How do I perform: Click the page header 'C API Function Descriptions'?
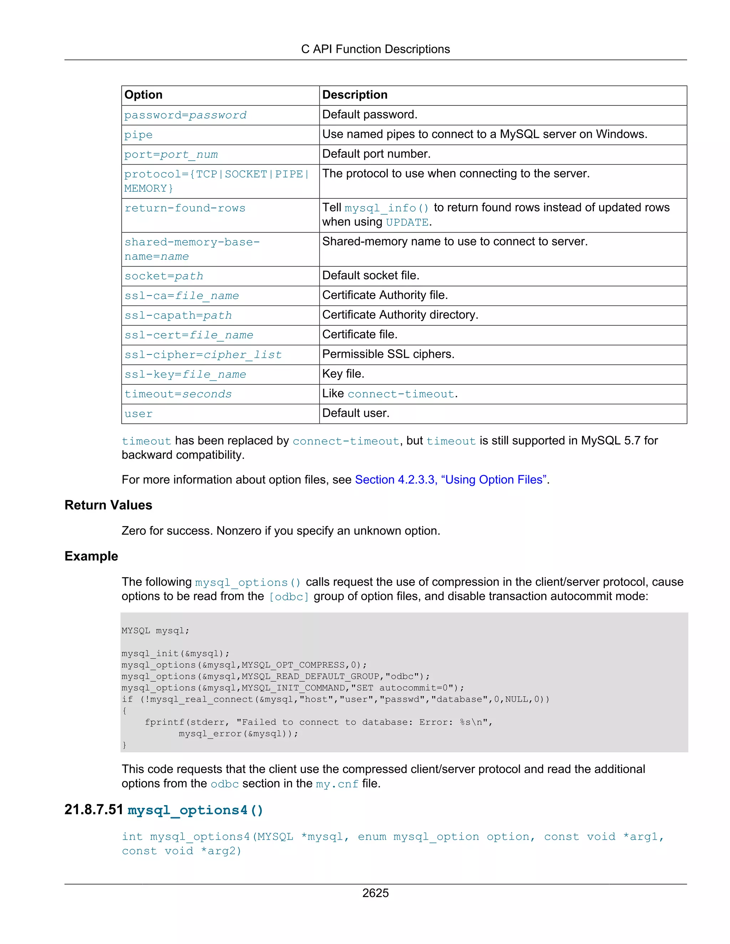(375, 49)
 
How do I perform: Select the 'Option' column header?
(143, 95)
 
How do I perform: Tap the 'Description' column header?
(355, 95)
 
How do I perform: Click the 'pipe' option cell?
(138, 135)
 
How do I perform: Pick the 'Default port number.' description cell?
(376, 154)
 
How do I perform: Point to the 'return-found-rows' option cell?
(185, 208)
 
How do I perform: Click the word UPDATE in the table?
(406, 222)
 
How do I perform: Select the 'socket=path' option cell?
(164, 276)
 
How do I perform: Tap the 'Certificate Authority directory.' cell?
(400, 315)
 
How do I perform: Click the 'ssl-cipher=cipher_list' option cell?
(203, 354)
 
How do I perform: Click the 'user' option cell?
(138, 414)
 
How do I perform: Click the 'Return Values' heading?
(108, 505)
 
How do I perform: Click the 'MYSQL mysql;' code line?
(155, 631)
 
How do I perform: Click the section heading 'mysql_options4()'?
(195, 810)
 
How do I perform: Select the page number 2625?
(375, 893)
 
